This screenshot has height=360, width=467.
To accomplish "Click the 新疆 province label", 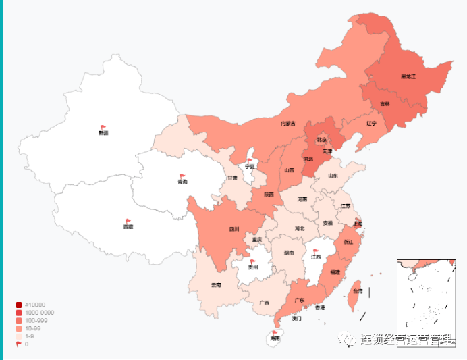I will (x=103, y=133).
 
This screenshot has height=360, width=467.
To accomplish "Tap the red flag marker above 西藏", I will (x=128, y=221).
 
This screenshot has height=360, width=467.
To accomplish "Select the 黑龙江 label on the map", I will (x=408, y=77).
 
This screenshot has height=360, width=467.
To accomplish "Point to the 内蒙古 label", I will (x=288, y=124).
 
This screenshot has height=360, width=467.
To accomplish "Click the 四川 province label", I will (x=234, y=229).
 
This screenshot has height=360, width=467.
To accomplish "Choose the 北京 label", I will (x=322, y=140).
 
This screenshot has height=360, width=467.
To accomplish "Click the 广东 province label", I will (x=300, y=301).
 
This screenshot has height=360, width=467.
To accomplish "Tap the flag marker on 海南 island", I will (x=275, y=332).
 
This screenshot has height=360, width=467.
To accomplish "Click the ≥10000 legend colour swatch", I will (x=19, y=305).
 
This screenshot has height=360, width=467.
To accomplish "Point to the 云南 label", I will (x=216, y=284).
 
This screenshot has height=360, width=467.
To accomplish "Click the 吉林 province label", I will (x=385, y=104).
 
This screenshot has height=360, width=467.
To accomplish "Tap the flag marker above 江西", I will (x=316, y=251).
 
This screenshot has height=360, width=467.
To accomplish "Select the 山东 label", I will (x=333, y=176).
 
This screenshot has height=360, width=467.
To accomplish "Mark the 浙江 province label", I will (x=348, y=241).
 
